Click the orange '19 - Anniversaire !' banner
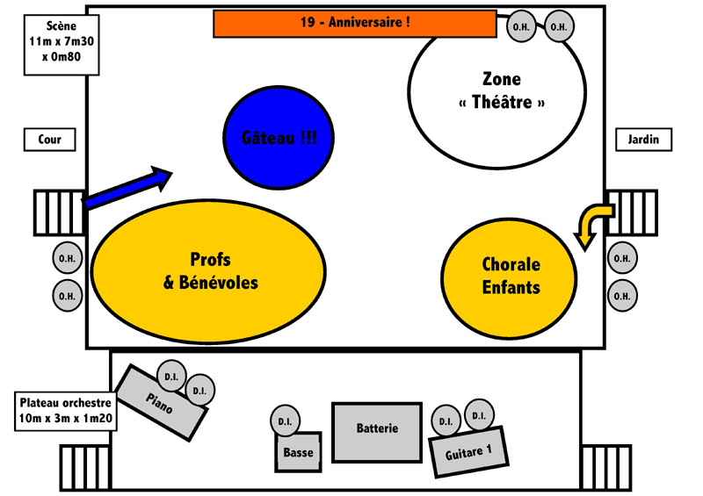click(355, 24)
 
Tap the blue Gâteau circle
click(279, 137)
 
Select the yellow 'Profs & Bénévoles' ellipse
click(208, 271)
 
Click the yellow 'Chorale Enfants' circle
click(509, 278)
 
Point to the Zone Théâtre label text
click(502, 91)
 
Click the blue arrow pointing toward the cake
click(127, 187)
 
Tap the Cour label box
click(50, 140)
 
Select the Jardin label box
click(643, 140)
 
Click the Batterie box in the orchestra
click(377, 432)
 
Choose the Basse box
click(298, 451)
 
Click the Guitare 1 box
click(468, 451)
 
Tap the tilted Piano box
click(162, 402)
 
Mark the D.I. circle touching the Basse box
click(285, 421)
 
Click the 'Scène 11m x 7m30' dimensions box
click(62, 45)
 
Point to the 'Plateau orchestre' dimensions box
click(66, 412)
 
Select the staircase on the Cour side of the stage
click(60, 212)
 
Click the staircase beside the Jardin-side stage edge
click(631, 212)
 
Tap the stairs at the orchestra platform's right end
click(606, 468)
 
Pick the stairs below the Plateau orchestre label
click(85, 468)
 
